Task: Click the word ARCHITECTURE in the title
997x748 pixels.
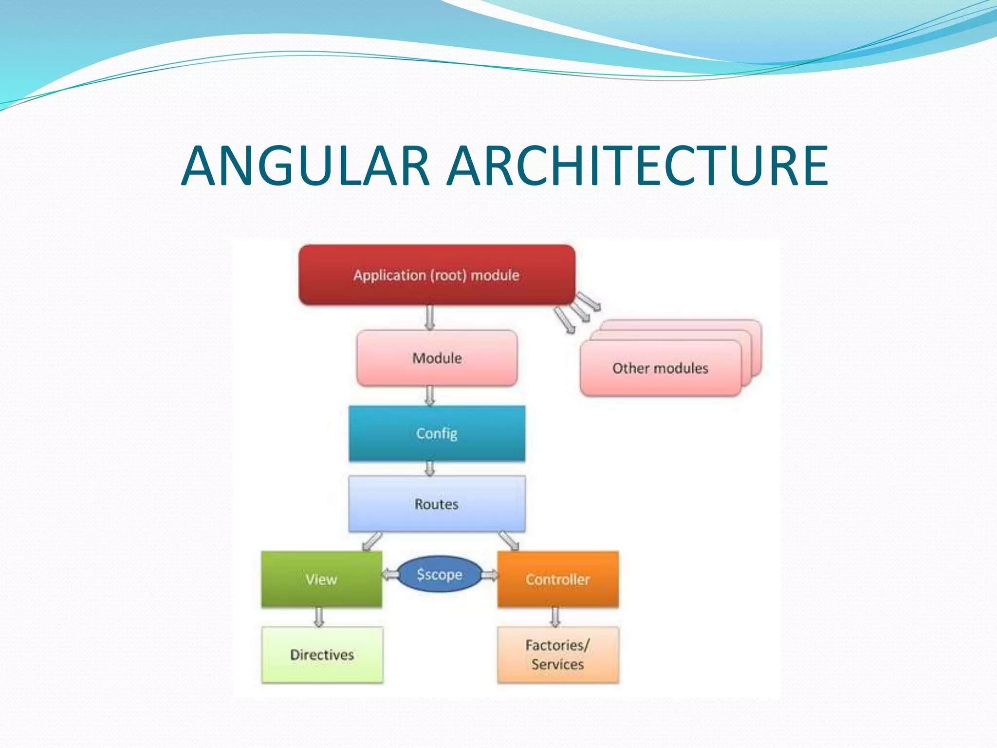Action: [x=638, y=166]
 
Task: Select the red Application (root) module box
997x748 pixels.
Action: [x=437, y=275]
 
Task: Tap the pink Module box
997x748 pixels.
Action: [x=437, y=358]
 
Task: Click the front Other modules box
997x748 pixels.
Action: [x=660, y=368]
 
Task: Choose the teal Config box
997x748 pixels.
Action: [x=437, y=433]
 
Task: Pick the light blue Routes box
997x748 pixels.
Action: [x=437, y=504]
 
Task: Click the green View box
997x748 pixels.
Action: [x=321, y=579]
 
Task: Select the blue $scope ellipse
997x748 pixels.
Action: [x=440, y=575]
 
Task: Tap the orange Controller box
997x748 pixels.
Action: [x=558, y=579]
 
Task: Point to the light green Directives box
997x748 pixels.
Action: [x=322, y=654]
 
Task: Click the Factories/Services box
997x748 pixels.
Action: [x=558, y=654]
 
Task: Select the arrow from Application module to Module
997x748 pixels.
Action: [x=429, y=318]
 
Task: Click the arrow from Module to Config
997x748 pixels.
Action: [x=429, y=395]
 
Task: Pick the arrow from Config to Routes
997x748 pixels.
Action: [x=429, y=468]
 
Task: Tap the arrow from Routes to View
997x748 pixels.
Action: [x=372, y=541]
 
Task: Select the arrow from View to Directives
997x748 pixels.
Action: [x=319, y=617]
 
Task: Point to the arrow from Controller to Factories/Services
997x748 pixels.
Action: [x=555, y=617]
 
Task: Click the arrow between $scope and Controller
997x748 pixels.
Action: [x=490, y=576]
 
